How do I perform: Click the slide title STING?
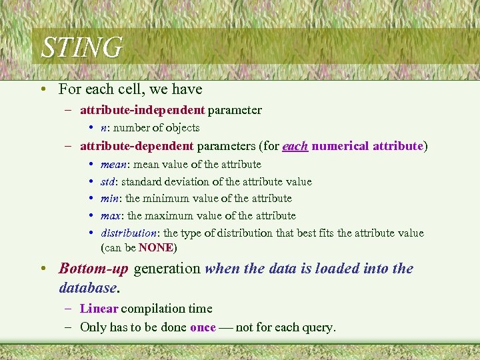[81, 48]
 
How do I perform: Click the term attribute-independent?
[142, 110]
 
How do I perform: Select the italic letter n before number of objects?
[103, 128]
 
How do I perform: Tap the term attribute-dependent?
[137, 146]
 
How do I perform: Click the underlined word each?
[295, 146]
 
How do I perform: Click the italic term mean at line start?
[114, 164]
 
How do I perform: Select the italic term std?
[108, 181]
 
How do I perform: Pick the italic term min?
[109, 199]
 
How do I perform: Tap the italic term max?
[110, 216]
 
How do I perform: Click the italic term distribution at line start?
[129, 233]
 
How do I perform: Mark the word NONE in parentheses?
[156, 248]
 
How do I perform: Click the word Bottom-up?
[93, 269]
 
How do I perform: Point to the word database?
[87, 287]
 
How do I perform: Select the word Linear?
[99, 309]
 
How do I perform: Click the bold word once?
[203, 327]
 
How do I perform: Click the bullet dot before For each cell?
[43, 89]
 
